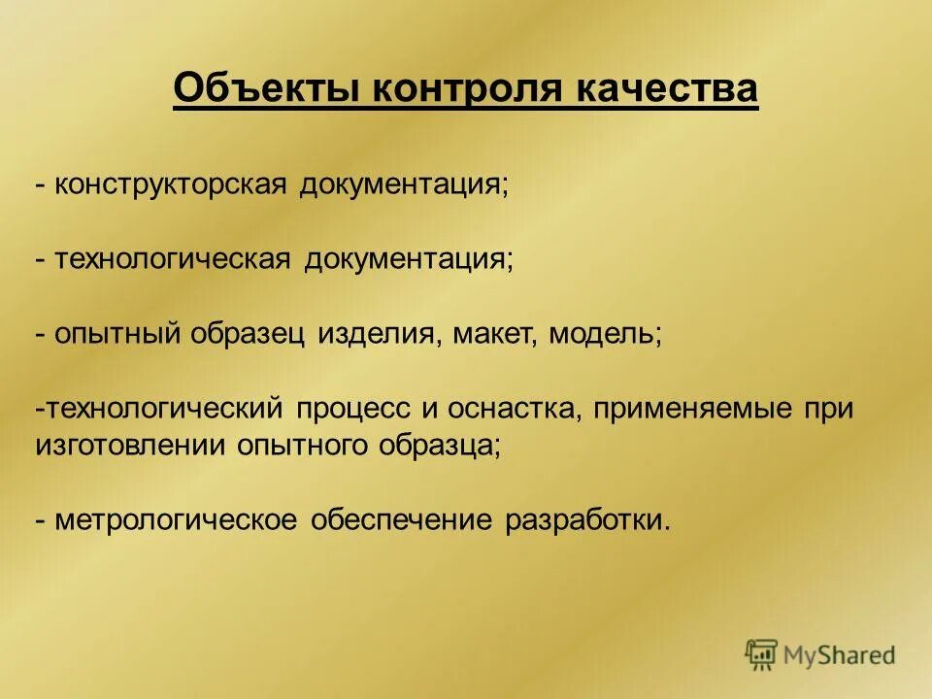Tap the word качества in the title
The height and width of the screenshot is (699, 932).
667,89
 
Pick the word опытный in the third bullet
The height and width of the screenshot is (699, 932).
118,333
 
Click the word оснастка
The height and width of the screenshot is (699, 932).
513,409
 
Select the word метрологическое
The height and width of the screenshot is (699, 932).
175,520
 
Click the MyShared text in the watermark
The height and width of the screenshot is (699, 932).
839,655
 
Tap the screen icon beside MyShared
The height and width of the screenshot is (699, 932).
762,653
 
